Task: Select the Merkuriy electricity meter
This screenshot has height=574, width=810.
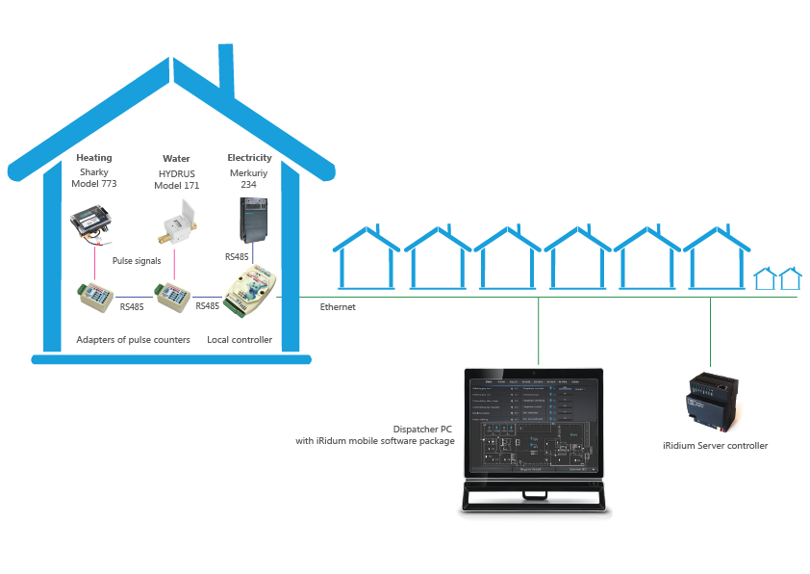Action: point(250,220)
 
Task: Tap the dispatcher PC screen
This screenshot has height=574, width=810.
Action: point(531,424)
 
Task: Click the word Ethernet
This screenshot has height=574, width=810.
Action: point(338,307)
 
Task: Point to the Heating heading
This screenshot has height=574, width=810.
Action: point(94,158)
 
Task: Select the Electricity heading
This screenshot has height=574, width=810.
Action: point(249,158)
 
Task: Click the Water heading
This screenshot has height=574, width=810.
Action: point(176,158)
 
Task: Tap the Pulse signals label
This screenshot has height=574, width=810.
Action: point(136,261)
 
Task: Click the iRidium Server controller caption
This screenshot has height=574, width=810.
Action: point(716,446)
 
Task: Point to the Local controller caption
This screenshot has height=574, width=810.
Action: point(240,340)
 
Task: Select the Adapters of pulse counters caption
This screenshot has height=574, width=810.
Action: point(133,340)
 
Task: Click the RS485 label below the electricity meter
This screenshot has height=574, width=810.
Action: point(237,257)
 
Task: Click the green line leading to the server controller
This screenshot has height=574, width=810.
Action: point(710,332)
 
